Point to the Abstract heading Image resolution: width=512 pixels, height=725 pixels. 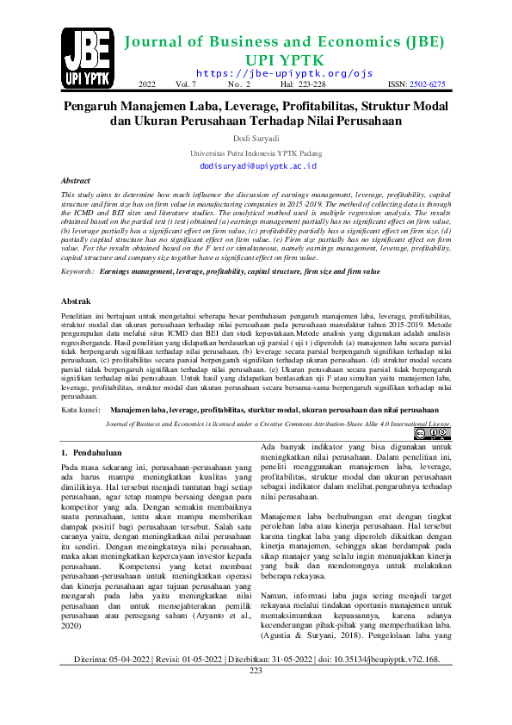[76, 182]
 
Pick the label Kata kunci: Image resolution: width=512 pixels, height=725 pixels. [81, 411]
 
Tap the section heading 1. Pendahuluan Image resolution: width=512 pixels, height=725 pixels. [95, 453]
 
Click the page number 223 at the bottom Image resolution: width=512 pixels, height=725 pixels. [256, 694]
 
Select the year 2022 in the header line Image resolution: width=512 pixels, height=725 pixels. [147, 84]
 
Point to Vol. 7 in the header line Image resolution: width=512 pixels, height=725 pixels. [187, 84]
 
